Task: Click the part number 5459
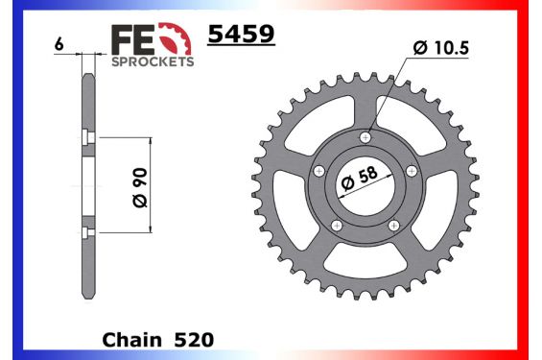point(242,36)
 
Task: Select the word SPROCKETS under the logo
point(153,60)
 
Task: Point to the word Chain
point(132,339)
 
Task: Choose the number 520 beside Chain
point(195,339)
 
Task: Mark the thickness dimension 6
point(59,45)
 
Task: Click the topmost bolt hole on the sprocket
point(365,137)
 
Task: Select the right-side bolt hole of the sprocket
point(412,171)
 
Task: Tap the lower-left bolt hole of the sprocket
point(337,226)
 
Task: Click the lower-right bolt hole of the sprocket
point(394,226)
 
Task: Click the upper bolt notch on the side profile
point(87,134)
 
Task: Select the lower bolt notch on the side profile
point(87,233)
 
